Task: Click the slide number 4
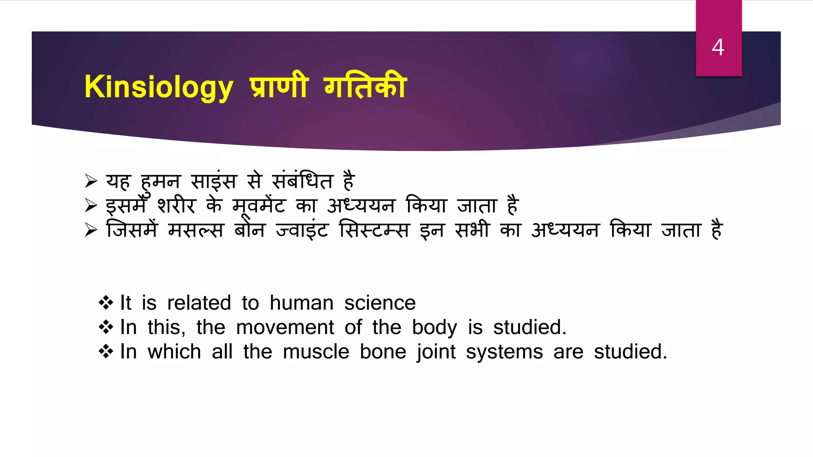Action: point(718,47)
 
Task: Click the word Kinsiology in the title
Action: point(158,87)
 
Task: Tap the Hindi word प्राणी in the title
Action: point(279,86)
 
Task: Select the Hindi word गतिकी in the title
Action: point(365,86)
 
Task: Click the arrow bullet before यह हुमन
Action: point(91,181)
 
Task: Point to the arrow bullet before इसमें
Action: point(91,205)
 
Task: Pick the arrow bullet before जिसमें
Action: point(91,230)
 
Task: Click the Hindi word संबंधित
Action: point(302,181)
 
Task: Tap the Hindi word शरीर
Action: point(176,205)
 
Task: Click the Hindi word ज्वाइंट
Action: point(302,230)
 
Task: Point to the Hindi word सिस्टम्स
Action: point(374,230)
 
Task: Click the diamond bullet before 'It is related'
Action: point(106,303)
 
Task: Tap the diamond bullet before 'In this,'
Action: point(106,327)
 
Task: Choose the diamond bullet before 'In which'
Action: point(106,351)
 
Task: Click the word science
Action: point(380,303)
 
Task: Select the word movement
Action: point(285,328)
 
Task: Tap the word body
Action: point(434,328)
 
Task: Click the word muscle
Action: point(316,352)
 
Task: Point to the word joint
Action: point(436,352)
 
